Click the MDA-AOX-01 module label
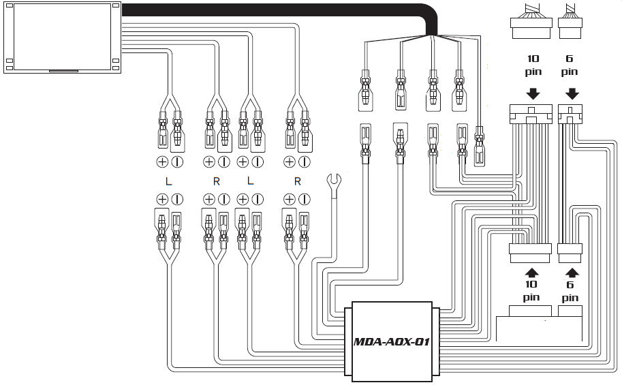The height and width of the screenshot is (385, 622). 390,341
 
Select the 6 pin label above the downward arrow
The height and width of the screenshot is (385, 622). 570,65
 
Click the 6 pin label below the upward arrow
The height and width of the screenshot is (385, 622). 570,291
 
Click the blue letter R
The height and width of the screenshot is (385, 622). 217,182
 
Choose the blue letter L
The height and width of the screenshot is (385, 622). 249,182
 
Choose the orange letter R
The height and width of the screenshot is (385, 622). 297,182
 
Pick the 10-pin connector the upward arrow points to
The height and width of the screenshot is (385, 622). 530,252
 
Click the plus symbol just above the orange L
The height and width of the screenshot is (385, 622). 162,162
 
